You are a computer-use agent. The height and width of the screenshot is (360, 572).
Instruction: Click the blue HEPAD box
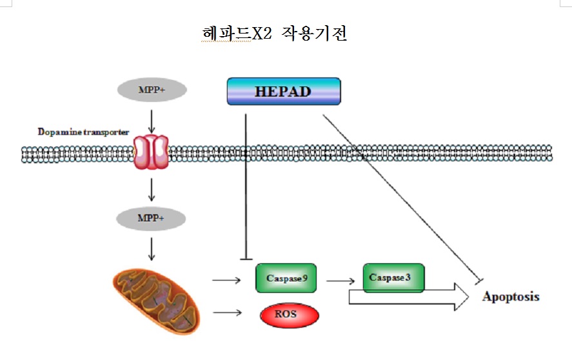tap(283, 91)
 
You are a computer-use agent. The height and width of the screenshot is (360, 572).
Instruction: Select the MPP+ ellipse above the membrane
tap(152, 90)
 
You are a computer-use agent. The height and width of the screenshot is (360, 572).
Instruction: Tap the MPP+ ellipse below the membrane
tap(151, 218)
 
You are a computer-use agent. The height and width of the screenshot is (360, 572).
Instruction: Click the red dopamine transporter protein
tap(150, 152)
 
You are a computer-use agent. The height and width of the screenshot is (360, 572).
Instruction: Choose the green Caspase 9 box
tap(286, 278)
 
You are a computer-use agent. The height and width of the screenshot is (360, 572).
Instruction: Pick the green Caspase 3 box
tap(393, 277)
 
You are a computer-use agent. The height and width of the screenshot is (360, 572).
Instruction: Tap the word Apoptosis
tap(511, 297)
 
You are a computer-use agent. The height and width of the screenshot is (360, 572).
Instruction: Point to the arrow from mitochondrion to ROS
tap(226, 313)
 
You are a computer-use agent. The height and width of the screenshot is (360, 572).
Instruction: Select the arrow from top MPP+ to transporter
tap(151, 119)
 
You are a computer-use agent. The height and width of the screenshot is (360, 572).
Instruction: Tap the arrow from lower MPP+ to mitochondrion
tap(151, 248)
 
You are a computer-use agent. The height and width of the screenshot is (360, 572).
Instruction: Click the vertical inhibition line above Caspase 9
tap(246, 187)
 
